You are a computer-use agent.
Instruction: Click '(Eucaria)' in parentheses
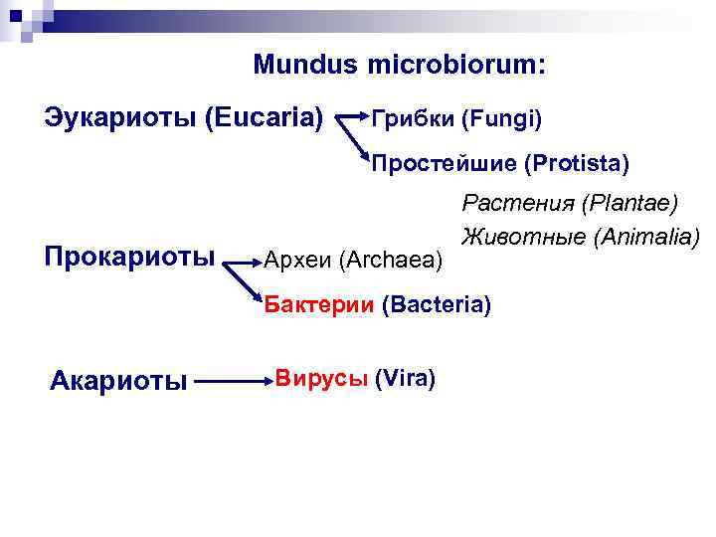264,118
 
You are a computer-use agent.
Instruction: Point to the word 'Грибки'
411,120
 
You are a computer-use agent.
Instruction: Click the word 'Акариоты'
118,380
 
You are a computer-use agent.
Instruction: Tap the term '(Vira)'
406,378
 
